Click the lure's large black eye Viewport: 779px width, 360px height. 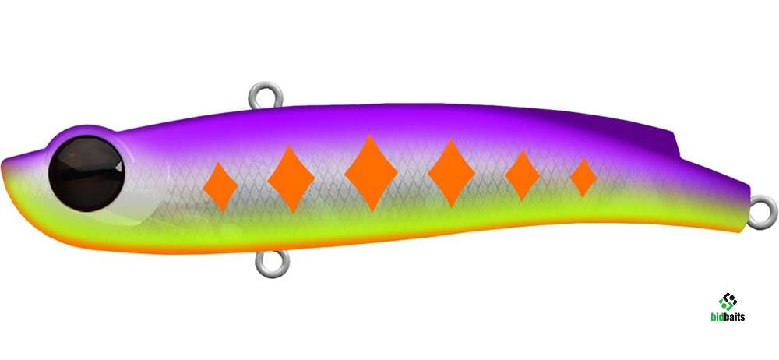click(x=86, y=174)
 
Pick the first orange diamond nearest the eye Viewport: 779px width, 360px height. click(x=220, y=186)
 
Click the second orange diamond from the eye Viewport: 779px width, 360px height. click(x=291, y=179)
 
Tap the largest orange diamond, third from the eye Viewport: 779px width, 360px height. click(x=371, y=173)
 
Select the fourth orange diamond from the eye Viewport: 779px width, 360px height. click(x=451, y=173)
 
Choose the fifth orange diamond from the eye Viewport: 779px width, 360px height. click(x=522, y=175)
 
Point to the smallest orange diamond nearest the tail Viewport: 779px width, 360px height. click(x=583, y=178)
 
